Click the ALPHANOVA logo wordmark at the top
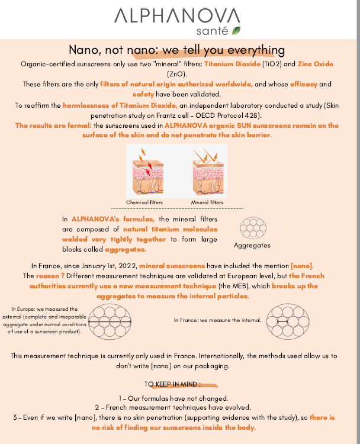tap(177, 15)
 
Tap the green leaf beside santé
tap(237, 30)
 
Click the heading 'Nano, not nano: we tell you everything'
tap(177, 50)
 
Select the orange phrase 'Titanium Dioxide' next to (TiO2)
tap(227, 63)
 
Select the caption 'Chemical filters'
tap(144, 202)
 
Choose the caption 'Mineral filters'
tap(207, 202)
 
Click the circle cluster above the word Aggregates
tap(252, 228)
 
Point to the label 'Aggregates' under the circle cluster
tap(252, 245)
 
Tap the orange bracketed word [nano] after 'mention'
tap(302, 266)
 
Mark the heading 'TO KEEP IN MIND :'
tap(176, 384)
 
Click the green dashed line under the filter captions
tap(176, 208)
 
